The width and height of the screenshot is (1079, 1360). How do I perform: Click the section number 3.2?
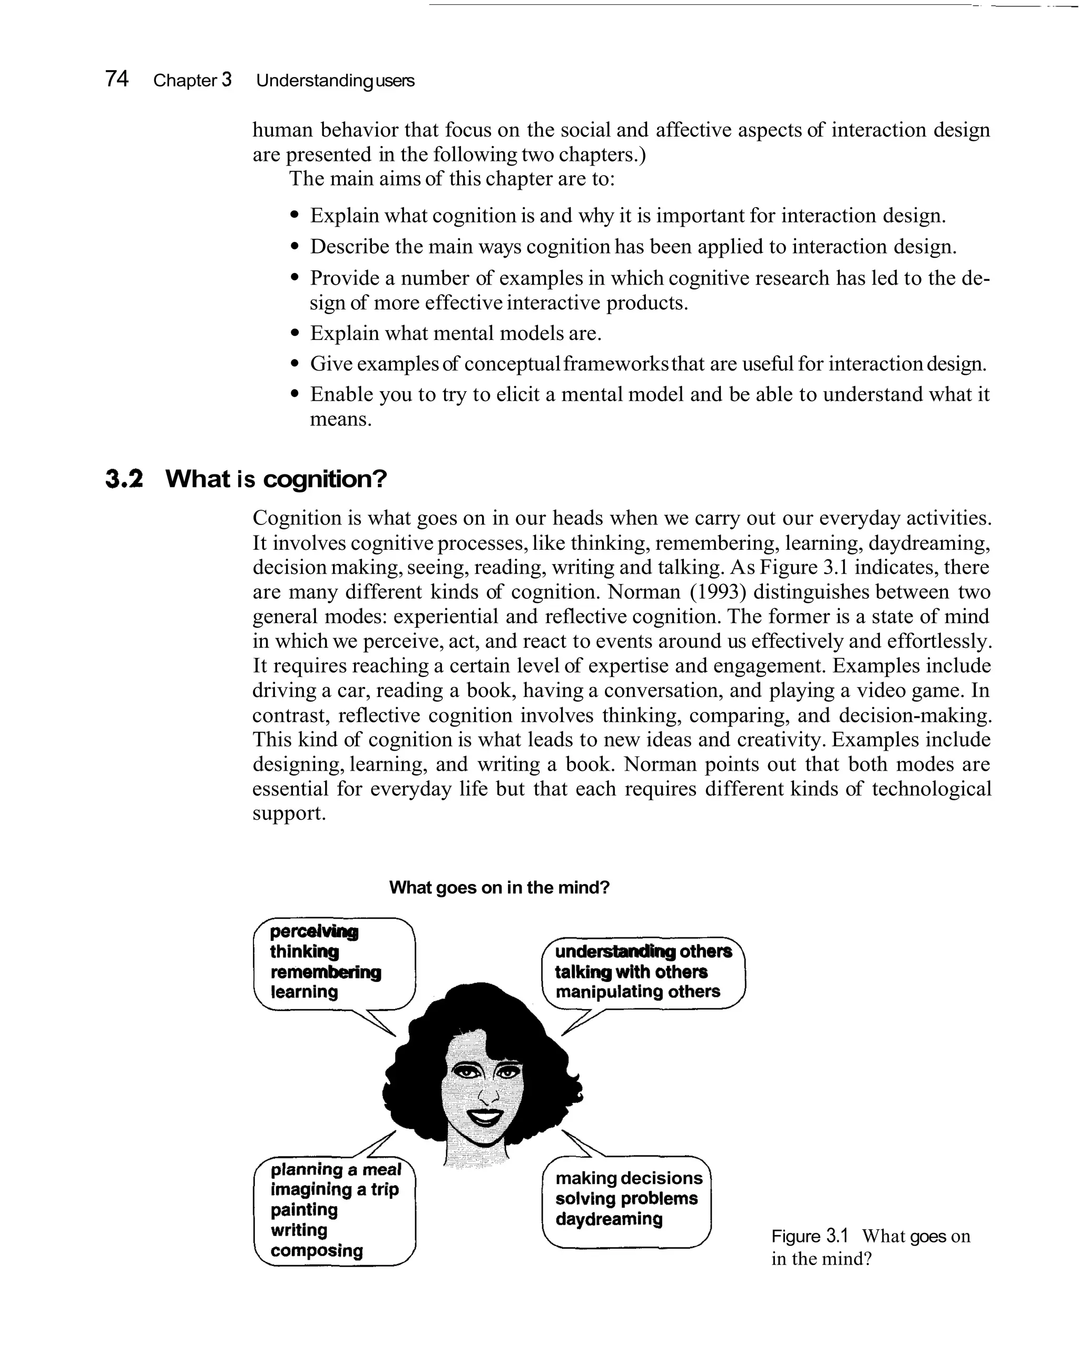click(124, 479)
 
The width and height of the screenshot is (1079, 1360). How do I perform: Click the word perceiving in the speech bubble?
click(314, 931)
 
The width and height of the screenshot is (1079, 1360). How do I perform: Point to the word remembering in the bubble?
click(326, 972)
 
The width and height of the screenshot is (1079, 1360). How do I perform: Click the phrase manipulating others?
click(637, 992)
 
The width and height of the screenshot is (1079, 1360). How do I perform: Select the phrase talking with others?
click(631, 972)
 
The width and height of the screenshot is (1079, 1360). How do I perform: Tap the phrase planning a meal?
click(336, 1170)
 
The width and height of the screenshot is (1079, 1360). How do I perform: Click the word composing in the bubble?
click(317, 1250)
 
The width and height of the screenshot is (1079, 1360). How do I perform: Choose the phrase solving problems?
click(626, 1199)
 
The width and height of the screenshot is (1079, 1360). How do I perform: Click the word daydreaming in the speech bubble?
click(609, 1219)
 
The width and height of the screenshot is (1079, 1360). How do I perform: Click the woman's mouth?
click(486, 1117)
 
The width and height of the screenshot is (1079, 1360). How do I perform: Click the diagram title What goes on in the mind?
click(499, 888)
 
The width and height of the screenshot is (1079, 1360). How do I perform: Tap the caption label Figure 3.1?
click(810, 1236)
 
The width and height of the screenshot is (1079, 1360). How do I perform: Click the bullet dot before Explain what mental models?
click(294, 333)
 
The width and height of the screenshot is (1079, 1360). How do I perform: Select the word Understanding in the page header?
click(315, 81)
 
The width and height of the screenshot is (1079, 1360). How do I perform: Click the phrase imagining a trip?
click(334, 1190)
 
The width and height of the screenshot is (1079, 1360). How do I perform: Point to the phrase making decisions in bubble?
click(628, 1178)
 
